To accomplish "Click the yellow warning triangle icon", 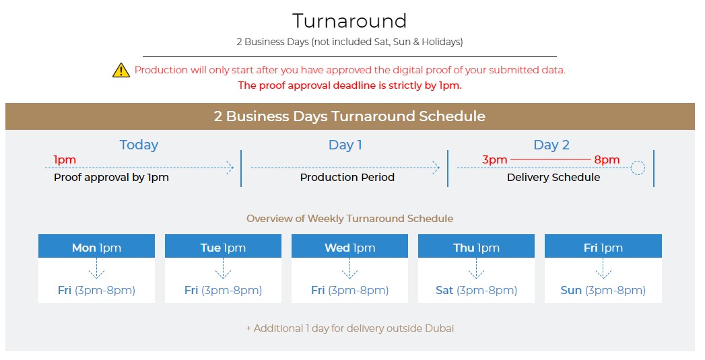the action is coord(121,70).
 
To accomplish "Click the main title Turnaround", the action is coord(349,21).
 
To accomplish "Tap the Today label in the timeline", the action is coord(139,145).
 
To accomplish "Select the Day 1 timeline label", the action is coord(345,145).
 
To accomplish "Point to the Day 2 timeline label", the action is coord(551,145).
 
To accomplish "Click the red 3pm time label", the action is coord(495,159).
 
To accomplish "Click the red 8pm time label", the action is coord(607,159).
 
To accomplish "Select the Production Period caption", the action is coord(347,178).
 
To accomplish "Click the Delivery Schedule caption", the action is coord(553,178).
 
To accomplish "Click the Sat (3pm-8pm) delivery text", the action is coord(476,290).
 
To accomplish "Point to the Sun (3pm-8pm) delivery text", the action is coord(603,290).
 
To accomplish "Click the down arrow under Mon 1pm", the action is coord(96,271).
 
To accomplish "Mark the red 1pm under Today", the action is coord(65,159).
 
